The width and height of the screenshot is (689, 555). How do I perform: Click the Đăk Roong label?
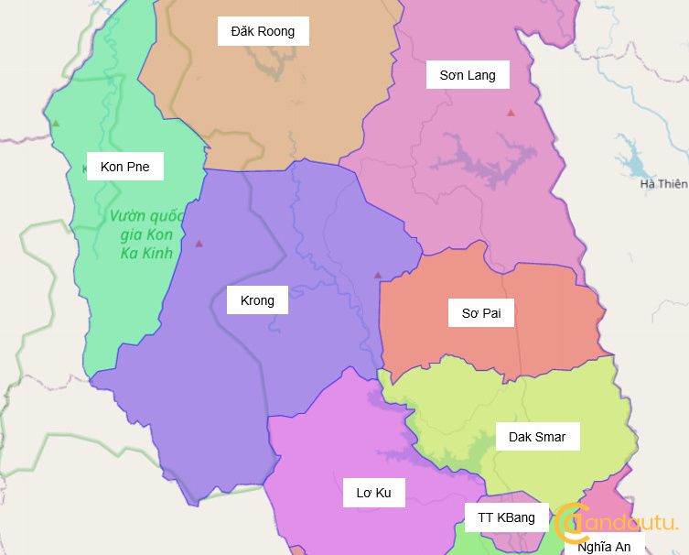(263, 31)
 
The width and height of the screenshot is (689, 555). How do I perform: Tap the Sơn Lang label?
(467, 75)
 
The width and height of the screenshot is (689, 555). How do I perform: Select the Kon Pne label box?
(124, 167)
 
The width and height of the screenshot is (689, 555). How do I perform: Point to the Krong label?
(257, 300)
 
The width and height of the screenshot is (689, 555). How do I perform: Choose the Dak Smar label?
(536, 437)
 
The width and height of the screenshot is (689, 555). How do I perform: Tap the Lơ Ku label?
(373, 493)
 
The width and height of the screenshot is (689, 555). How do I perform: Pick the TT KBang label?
(506, 517)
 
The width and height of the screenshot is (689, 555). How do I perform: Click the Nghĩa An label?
(604, 547)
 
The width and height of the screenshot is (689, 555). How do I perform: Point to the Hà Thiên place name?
(663, 184)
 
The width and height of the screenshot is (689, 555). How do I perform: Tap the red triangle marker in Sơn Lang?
(511, 113)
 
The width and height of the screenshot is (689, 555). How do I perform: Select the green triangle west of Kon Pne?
(56, 123)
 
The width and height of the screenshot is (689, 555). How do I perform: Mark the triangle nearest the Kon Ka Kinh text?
(199, 244)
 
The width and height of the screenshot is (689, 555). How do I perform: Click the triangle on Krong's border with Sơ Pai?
(377, 275)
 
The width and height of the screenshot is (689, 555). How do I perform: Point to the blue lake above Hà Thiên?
(631, 158)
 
